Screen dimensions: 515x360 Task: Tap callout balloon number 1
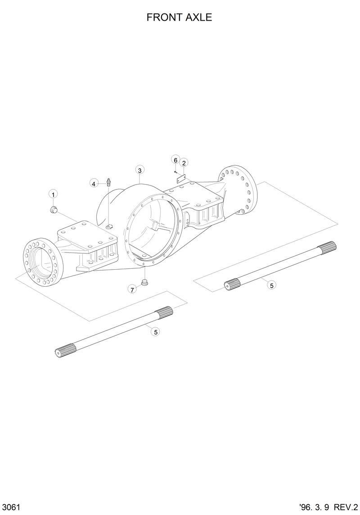coord(53,194)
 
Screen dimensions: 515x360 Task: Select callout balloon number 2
coord(184,162)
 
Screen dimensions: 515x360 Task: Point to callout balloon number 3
coord(140,170)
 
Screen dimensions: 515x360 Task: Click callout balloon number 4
coord(94,183)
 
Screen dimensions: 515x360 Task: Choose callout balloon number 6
coord(175,159)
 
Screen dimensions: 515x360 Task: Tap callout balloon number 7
coord(132,289)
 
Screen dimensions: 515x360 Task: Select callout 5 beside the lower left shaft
coord(156,332)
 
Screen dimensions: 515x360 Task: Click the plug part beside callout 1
coord(53,209)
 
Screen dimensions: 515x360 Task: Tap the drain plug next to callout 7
coord(145,282)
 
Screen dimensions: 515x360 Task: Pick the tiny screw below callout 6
coord(175,171)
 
